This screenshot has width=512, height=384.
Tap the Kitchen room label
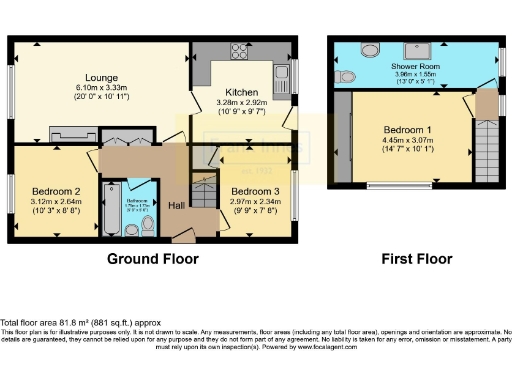241,91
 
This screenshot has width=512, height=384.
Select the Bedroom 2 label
56,191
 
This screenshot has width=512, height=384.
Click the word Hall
176,205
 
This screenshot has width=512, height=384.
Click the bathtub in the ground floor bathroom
109,209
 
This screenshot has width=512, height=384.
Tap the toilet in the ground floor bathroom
147,227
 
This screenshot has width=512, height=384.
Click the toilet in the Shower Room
346,75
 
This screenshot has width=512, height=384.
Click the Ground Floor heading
153,259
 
